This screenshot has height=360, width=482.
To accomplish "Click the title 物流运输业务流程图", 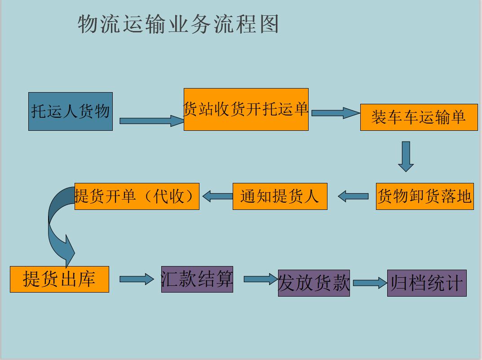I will click(178, 24).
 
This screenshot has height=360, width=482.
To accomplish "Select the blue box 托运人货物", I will click(71, 111).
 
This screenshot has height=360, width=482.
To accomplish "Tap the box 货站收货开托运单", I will click(246, 109).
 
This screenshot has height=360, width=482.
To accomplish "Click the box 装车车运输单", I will click(419, 117).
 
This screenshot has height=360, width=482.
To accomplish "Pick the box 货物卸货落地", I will click(425, 196).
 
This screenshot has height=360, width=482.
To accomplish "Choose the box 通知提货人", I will click(279, 196).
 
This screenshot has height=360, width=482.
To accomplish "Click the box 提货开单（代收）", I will click(137, 196).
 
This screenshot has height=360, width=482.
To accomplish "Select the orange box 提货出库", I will click(59, 279).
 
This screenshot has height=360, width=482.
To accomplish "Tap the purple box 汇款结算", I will click(197, 279).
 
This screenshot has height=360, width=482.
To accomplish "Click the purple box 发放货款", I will click(314, 283).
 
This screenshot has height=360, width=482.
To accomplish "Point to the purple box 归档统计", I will click(426, 283).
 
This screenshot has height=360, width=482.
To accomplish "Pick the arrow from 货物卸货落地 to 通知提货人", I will click(353, 196).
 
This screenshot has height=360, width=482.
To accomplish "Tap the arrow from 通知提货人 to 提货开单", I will click(217, 196).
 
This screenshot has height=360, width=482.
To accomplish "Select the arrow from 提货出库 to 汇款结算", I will click(136, 279).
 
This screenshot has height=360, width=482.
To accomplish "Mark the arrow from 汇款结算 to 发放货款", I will click(260, 279).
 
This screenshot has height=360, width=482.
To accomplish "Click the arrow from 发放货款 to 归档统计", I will click(370, 283).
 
